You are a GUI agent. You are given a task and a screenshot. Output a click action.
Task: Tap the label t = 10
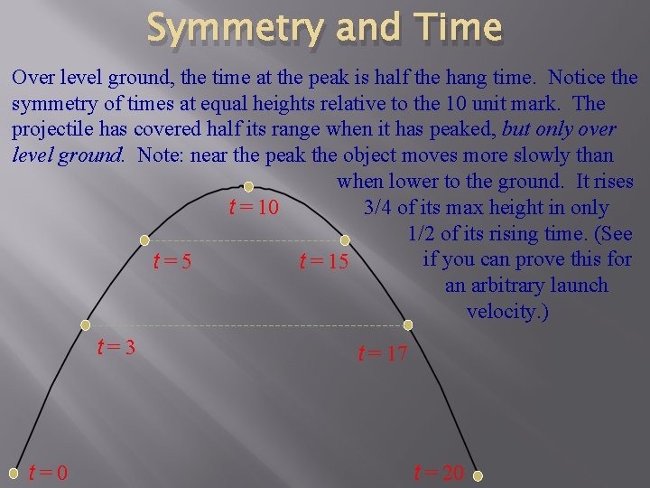pyautogui.click(x=253, y=208)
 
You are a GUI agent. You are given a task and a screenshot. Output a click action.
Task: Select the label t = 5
pyautogui.click(x=172, y=263)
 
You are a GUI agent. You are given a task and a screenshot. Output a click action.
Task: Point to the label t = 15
pyautogui.click(x=322, y=263)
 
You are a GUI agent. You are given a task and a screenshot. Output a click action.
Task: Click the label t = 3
pyautogui.click(x=116, y=346)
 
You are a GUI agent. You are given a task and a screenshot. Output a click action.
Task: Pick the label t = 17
pyautogui.click(x=383, y=353)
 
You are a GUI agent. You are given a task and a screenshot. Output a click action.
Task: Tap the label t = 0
pyautogui.click(x=48, y=472)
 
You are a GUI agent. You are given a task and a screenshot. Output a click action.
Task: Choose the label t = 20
pyautogui.click(x=438, y=472)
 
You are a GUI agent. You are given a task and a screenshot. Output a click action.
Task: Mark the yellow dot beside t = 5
pyautogui.click(x=145, y=241)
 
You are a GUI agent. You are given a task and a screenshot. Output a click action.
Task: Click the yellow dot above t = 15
pyautogui.click(x=344, y=240)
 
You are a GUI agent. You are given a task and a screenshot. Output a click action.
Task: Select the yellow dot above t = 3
pyautogui.click(x=86, y=324)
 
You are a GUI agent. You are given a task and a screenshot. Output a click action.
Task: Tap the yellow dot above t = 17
pyautogui.click(x=407, y=324)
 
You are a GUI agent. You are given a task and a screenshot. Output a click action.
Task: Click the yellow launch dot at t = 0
pyautogui.click(x=14, y=471)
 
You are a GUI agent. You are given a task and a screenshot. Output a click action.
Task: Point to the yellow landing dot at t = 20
pyautogui.click(x=478, y=475)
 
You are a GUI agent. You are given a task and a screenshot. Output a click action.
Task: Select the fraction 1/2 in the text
pyautogui.click(x=422, y=234)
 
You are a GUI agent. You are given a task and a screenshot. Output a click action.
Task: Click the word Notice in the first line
pyautogui.click(x=577, y=78)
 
